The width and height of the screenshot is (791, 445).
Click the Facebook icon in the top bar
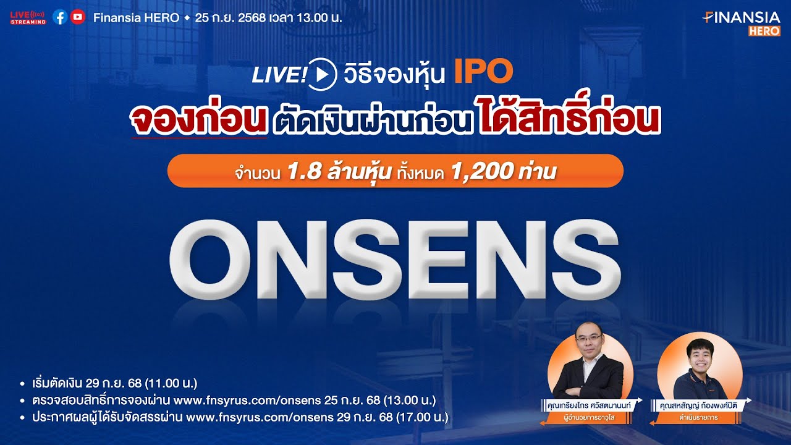(60, 17)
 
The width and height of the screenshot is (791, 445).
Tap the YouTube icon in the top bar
(77, 17)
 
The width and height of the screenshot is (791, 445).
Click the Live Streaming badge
(28, 17)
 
